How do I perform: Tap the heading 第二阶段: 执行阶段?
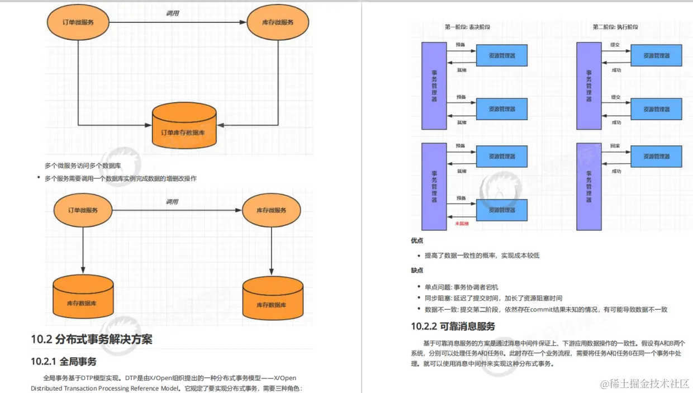point(615,27)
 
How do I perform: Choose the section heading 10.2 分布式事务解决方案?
point(92,339)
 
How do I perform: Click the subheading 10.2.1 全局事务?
point(64,362)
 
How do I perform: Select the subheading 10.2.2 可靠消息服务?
point(453,326)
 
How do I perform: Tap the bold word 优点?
point(417,241)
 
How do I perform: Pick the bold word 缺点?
point(417,270)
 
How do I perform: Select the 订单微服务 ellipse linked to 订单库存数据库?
point(78,22)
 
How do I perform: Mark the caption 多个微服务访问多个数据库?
point(83,165)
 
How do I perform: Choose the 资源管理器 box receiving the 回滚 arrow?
point(657,157)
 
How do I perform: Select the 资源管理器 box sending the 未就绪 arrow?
point(501,210)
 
